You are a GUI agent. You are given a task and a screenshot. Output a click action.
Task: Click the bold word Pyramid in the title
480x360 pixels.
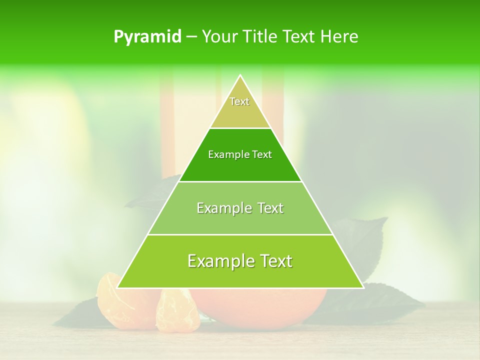[147, 37]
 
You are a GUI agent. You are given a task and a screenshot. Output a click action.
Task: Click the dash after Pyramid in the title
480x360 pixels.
[191, 37]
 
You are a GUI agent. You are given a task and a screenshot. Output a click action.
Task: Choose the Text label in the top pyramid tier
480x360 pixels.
[239, 101]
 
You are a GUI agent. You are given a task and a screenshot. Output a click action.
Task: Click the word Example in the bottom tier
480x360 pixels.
[220, 261]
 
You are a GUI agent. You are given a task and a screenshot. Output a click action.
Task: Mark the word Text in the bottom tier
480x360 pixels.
[276, 261]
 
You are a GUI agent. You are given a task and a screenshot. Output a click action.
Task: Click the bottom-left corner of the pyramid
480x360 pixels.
[117, 287]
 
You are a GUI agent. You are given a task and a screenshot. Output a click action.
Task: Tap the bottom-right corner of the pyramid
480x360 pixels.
[363, 287]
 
